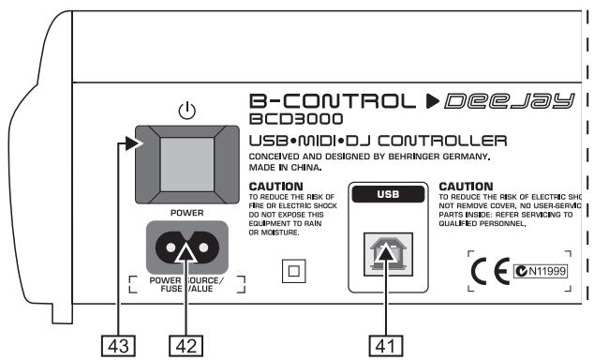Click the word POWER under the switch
186,212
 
